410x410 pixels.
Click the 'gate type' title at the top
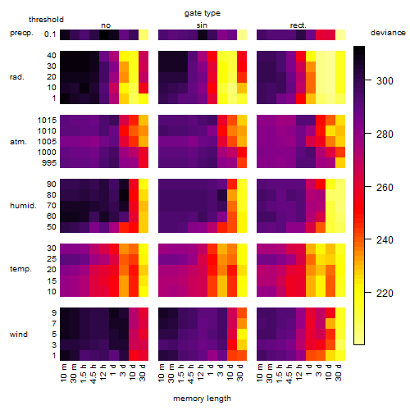(203, 13)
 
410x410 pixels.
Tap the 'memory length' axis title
(202, 399)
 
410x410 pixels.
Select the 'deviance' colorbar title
(388, 33)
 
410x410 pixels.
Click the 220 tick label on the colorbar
(385, 294)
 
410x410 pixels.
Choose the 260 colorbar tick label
(385, 188)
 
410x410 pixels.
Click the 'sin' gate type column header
(202, 25)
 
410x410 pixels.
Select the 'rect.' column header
(298, 25)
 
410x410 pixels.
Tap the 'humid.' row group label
(23, 206)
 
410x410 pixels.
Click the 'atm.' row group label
(18, 142)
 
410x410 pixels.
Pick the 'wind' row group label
(19, 335)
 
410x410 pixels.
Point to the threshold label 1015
(47, 121)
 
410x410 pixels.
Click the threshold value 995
(49, 163)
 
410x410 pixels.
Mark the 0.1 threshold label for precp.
(50, 34)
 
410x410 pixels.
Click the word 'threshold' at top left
(46, 20)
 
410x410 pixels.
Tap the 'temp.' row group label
(20, 269)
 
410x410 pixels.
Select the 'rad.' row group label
(17, 77)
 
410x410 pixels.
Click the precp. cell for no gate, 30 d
(143, 34)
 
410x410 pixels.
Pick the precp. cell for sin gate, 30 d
(242, 34)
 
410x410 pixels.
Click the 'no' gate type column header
(106, 25)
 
